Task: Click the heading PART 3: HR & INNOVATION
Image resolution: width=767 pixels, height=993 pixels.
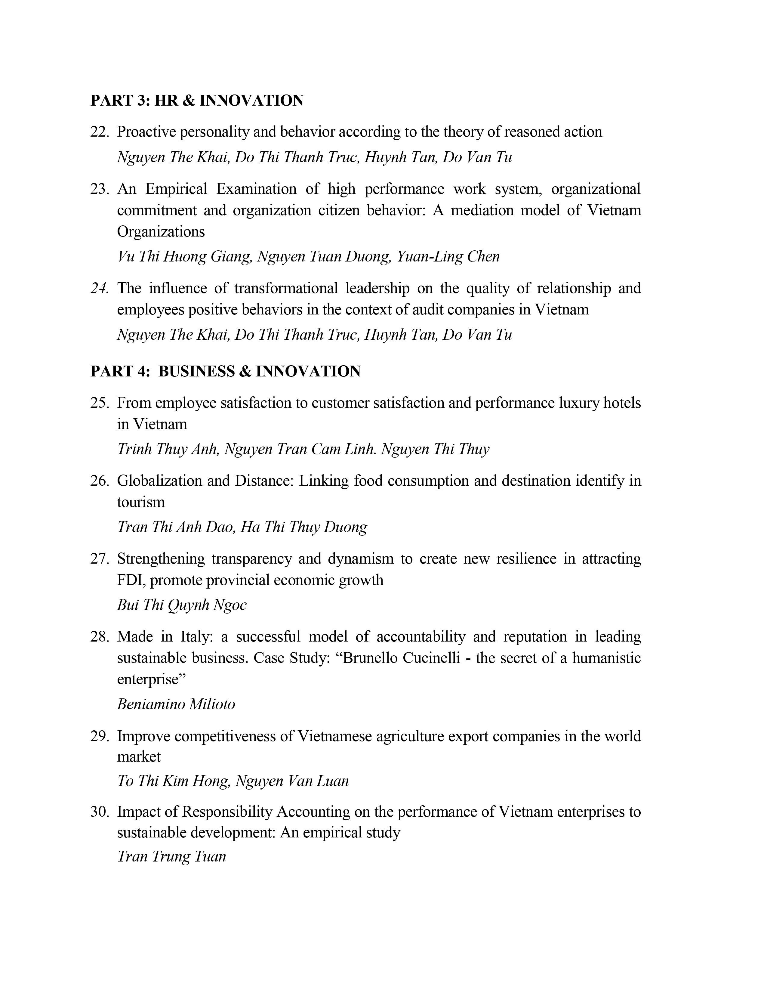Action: tap(197, 101)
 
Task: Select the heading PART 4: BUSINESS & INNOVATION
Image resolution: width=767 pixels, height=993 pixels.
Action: tap(225, 371)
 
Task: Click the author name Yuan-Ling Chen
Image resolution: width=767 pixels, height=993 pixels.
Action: tap(448, 256)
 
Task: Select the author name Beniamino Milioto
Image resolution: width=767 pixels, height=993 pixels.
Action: tap(176, 704)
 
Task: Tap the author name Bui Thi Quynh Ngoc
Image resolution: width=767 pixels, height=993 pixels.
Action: tap(182, 605)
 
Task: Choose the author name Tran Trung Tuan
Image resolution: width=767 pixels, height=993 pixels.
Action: tap(171, 857)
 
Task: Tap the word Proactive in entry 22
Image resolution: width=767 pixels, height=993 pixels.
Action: tap(146, 132)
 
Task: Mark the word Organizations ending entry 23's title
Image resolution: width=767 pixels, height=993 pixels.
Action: tap(161, 232)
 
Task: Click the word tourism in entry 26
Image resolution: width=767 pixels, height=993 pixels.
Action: tap(141, 503)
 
